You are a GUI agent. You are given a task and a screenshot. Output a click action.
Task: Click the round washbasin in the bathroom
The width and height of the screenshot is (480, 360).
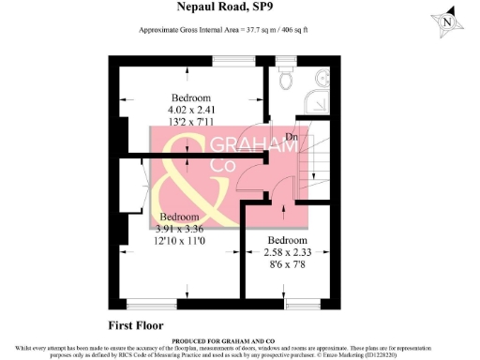click(318, 78)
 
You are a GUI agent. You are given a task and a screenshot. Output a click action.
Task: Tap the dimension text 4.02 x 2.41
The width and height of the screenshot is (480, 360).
click(190, 110)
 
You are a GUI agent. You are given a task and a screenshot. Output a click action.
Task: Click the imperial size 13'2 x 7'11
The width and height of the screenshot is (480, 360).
click(190, 122)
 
